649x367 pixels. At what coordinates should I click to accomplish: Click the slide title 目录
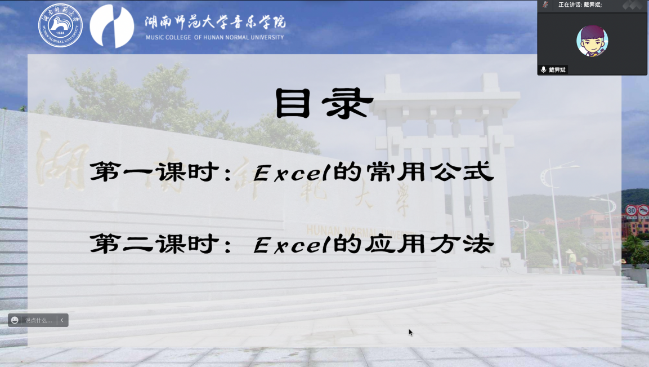pyautogui.click(x=324, y=104)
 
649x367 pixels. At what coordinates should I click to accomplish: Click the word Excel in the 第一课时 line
pyautogui.click(x=290, y=173)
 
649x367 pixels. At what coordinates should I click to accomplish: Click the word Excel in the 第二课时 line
pyautogui.click(x=290, y=245)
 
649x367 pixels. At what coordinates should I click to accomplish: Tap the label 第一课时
pyautogui.click(x=155, y=173)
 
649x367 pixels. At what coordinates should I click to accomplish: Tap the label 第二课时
pyautogui.click(x=155, y=245)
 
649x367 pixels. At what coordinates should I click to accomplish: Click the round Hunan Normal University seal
pyautogui.click(x=60, y=25)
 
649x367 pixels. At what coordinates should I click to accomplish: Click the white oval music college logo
pyautogui.click(x=112, y=26)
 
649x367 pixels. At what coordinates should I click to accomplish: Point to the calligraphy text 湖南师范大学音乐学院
pyautogui.click(x=214, y=21)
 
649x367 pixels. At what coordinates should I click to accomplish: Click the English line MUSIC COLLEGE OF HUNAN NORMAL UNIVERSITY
pyautogui.click(x=214, y=38)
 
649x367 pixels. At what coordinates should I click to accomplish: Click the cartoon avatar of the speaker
pyautogui.click(x=592, y=41)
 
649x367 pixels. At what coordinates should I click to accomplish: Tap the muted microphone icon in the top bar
pyautogui.click(x=545, y=5)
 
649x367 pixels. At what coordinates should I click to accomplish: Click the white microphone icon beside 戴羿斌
pyautogui.click(x=543, y=70)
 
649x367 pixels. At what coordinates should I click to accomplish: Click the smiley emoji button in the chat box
pyautogui.click(x=15, y=320)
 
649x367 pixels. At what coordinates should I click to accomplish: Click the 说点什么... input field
pyautogui.click(x=38, y=320)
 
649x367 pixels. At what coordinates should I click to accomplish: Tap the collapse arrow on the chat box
pyautogui.click(x=62, y=320)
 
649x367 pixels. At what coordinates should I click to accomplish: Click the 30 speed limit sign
pyautogui.click(x=631, y=210)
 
